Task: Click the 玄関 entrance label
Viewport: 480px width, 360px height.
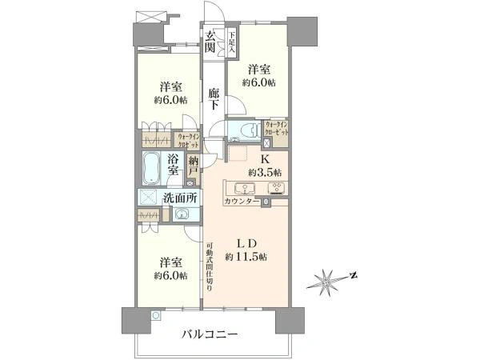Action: pos(210,41)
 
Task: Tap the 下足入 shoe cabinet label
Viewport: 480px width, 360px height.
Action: pos(231,41)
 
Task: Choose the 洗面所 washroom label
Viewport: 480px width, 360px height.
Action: pos(181,198)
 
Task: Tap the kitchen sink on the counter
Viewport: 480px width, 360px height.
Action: pos(244,189)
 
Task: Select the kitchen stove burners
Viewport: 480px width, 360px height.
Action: pos(277,189)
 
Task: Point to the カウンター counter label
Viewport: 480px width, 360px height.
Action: pos(243,202)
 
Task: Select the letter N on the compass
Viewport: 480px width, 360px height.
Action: pos(354,278)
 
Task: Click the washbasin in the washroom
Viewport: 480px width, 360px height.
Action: pos(182,214)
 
